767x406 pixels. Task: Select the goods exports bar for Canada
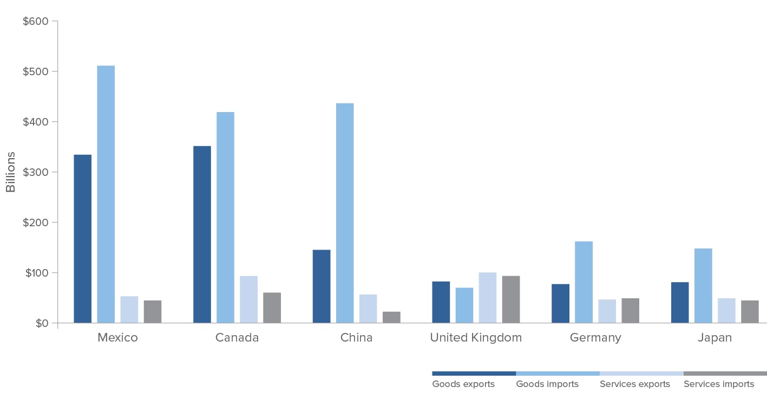[202, 234]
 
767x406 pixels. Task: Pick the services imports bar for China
[391, 317]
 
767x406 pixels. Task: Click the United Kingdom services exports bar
[488, 297]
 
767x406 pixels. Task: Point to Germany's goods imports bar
[584, 282]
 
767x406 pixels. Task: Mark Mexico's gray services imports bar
[153, 311]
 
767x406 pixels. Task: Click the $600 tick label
[36, 21]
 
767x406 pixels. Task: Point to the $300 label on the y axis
[36, 172]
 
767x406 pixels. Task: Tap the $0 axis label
[42, 323]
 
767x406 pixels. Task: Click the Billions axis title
[11, 172]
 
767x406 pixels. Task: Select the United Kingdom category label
[476, 338]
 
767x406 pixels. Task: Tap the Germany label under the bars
[595, 338]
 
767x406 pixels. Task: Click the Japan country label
[714, 338]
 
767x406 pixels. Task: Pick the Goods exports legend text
[463, 384]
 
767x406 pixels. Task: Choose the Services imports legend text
[719, 384]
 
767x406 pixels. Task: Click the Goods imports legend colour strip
[558, 374]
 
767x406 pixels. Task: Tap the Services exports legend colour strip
[641, 374]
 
